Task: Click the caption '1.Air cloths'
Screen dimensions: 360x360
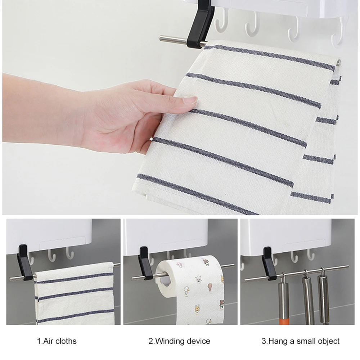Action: coord(57,341)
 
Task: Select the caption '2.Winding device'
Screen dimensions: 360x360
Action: coord(179,341)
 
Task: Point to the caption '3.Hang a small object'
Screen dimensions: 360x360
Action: coord(301,341)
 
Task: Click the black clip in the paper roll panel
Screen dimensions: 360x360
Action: coord(145,264)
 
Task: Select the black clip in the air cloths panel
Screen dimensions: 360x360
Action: coord(25,262)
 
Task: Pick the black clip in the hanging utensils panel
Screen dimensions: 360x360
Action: coord(269,264)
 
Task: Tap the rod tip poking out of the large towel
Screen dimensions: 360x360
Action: coord(339,62)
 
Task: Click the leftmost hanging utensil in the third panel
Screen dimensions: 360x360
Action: coord(284,299)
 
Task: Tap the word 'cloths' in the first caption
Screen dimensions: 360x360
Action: coord(66,341)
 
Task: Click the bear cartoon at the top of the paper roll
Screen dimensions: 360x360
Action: coord(206,262)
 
